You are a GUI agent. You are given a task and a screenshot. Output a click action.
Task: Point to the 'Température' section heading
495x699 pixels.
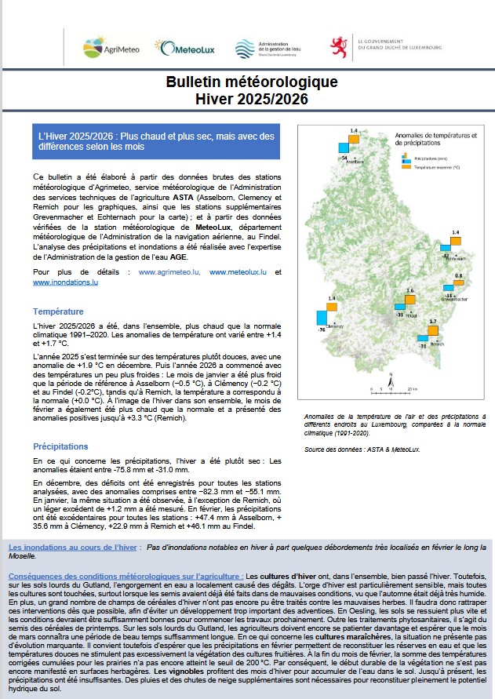point(58,311)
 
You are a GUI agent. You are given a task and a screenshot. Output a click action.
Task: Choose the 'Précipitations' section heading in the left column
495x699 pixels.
point(60,446)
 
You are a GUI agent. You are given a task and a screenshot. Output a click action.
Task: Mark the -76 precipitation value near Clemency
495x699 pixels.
point(322,330)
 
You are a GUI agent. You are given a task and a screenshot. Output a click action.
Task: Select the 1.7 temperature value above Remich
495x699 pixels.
point(433,322)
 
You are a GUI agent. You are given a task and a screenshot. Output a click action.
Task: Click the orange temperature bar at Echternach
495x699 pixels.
point(457,242)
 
